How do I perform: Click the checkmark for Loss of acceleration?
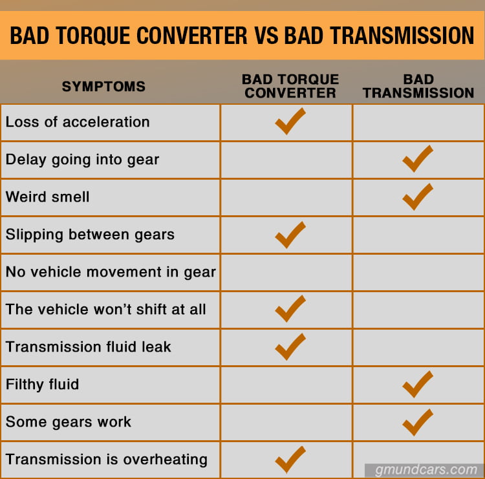coord(290,121)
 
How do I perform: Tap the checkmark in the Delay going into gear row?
coord(417,159)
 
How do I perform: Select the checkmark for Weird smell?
coord(417,197)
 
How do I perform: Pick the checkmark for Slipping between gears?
coord(290,235)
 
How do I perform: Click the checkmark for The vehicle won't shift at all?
coord(290,309)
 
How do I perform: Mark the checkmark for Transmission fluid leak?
coord(290,346)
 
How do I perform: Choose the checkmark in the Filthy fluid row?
coord(417,384)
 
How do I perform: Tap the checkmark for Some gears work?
coord(417,422)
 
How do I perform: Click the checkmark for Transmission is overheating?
coord(290,460)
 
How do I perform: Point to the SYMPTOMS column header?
coord(103,87)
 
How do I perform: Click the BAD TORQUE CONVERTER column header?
coord(290,86)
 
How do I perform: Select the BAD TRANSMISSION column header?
coord(418,86)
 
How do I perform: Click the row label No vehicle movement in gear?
coord(111,272)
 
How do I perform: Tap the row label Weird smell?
coord(48,197)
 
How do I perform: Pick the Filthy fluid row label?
coord(43,385)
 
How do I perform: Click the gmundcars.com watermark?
coord(424,469)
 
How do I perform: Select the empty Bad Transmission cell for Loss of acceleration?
coord(418,122)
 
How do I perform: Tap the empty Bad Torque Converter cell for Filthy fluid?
coord(286,385)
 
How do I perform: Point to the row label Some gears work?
coord(69,422)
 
